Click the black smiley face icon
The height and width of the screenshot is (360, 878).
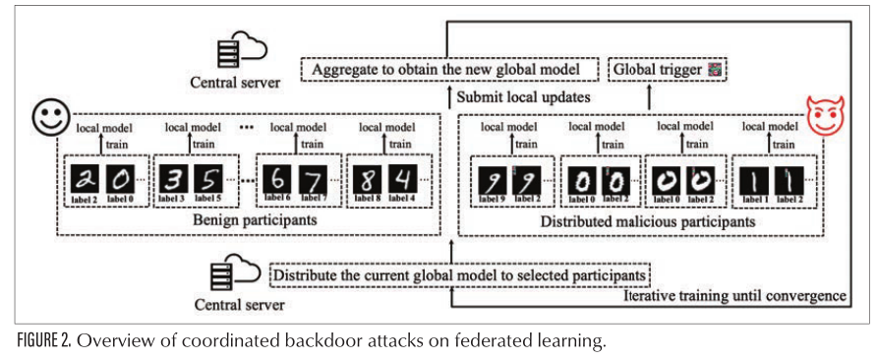point(47,117)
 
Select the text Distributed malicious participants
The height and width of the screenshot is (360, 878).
point(647,222)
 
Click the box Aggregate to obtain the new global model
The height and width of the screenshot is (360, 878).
point(453,70)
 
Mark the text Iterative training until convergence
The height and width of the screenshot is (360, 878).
point(735,295)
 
